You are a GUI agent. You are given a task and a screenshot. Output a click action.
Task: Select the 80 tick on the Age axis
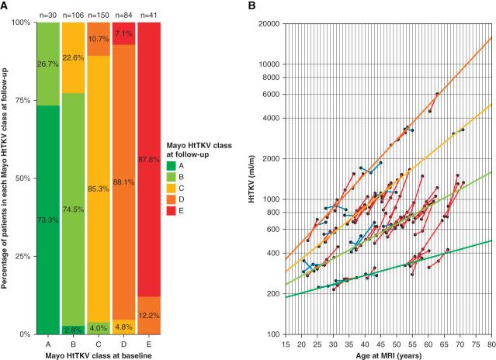point(491,344)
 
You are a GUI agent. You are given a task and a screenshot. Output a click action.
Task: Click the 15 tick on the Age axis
point(286,344)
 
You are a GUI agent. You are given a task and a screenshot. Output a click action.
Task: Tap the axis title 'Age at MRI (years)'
point(388,355)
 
